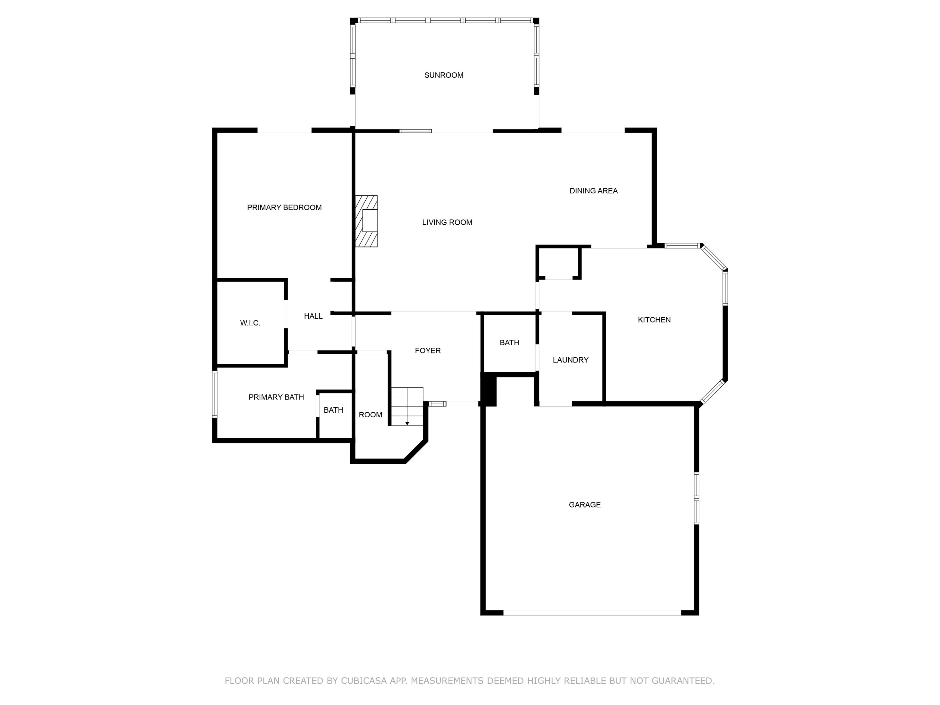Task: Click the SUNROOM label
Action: tap(444, 75)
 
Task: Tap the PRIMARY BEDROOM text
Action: tap(284, 207)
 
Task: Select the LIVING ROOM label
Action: tap(447, 222)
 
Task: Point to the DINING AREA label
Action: tap(593, 191)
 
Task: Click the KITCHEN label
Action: tap(654, 320)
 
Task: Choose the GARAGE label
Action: tap(585, 505)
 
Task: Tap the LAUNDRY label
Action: tap(570, 360)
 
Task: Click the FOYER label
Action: tap(427, 351)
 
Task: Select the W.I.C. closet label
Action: tap(250, 323)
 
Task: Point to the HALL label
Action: tap(313, 316)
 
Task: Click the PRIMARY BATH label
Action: tap(276, 397)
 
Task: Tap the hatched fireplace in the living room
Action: tap(366, 221)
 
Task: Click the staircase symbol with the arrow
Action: tap(407, 406)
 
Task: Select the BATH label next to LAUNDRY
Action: tap(509, 342)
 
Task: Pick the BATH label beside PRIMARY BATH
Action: tap(333, 410)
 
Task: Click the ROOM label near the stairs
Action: tap(370, 415)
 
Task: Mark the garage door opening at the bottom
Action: tap(592, 613)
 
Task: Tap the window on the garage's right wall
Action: tap(697, 498)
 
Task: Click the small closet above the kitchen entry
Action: tap(558, 263)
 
